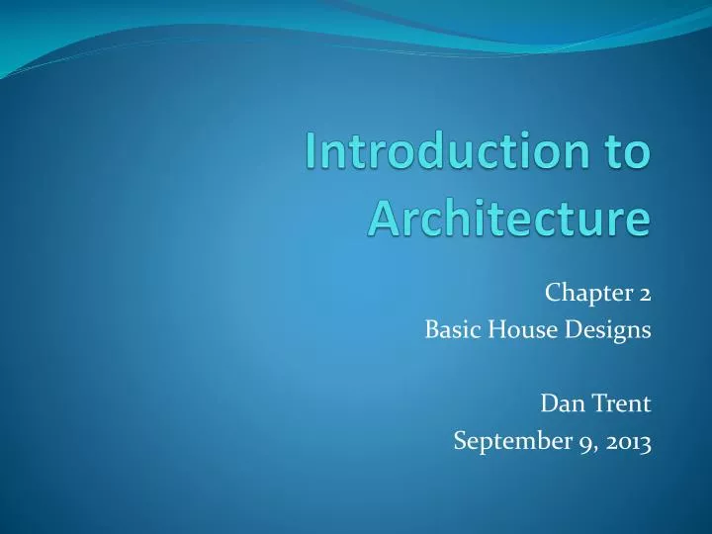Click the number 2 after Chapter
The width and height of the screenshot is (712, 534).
(644, 293)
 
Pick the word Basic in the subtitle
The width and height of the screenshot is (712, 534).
(446, 331)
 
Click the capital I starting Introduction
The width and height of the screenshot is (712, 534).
(311, 154)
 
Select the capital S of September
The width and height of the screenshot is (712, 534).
(459, 442)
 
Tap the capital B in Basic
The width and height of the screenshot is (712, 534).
(430, 331)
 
